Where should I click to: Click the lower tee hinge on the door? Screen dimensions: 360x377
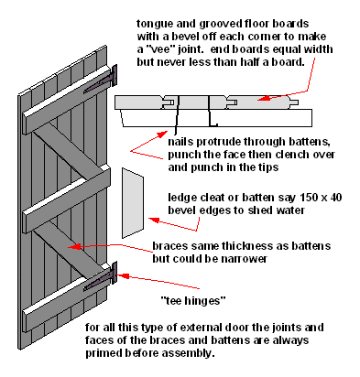point(104,277)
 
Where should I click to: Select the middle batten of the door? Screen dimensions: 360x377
point(67,199)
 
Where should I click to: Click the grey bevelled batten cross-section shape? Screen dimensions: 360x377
point(133,203)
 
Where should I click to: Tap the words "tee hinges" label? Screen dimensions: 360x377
point(193,301)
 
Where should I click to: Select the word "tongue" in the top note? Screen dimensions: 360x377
point(154,25)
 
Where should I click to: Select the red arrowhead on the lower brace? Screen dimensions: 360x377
point(74,246)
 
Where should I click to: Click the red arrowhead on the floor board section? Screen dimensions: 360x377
point(265,98)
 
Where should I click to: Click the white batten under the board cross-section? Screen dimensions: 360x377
point(216,118)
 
